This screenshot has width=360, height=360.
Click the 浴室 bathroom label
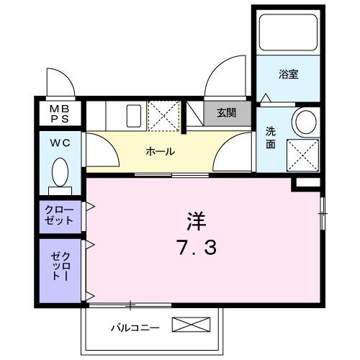[x=289, y=74]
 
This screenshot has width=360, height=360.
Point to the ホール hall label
[x=159, y=151]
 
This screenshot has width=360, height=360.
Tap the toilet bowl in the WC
[x=60, y=173]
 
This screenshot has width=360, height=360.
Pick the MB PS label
[x=59, y=113]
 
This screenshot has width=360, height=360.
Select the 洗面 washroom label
[x=270, y=137]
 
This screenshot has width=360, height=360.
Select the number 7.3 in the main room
[x=196, y=248]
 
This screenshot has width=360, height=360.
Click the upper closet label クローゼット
[x=59, y=215]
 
